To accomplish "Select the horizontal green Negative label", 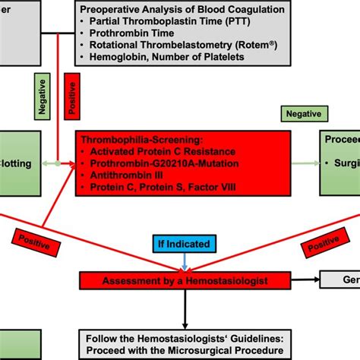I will click(303, 114).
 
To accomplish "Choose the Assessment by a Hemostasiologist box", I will click(186, 282).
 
